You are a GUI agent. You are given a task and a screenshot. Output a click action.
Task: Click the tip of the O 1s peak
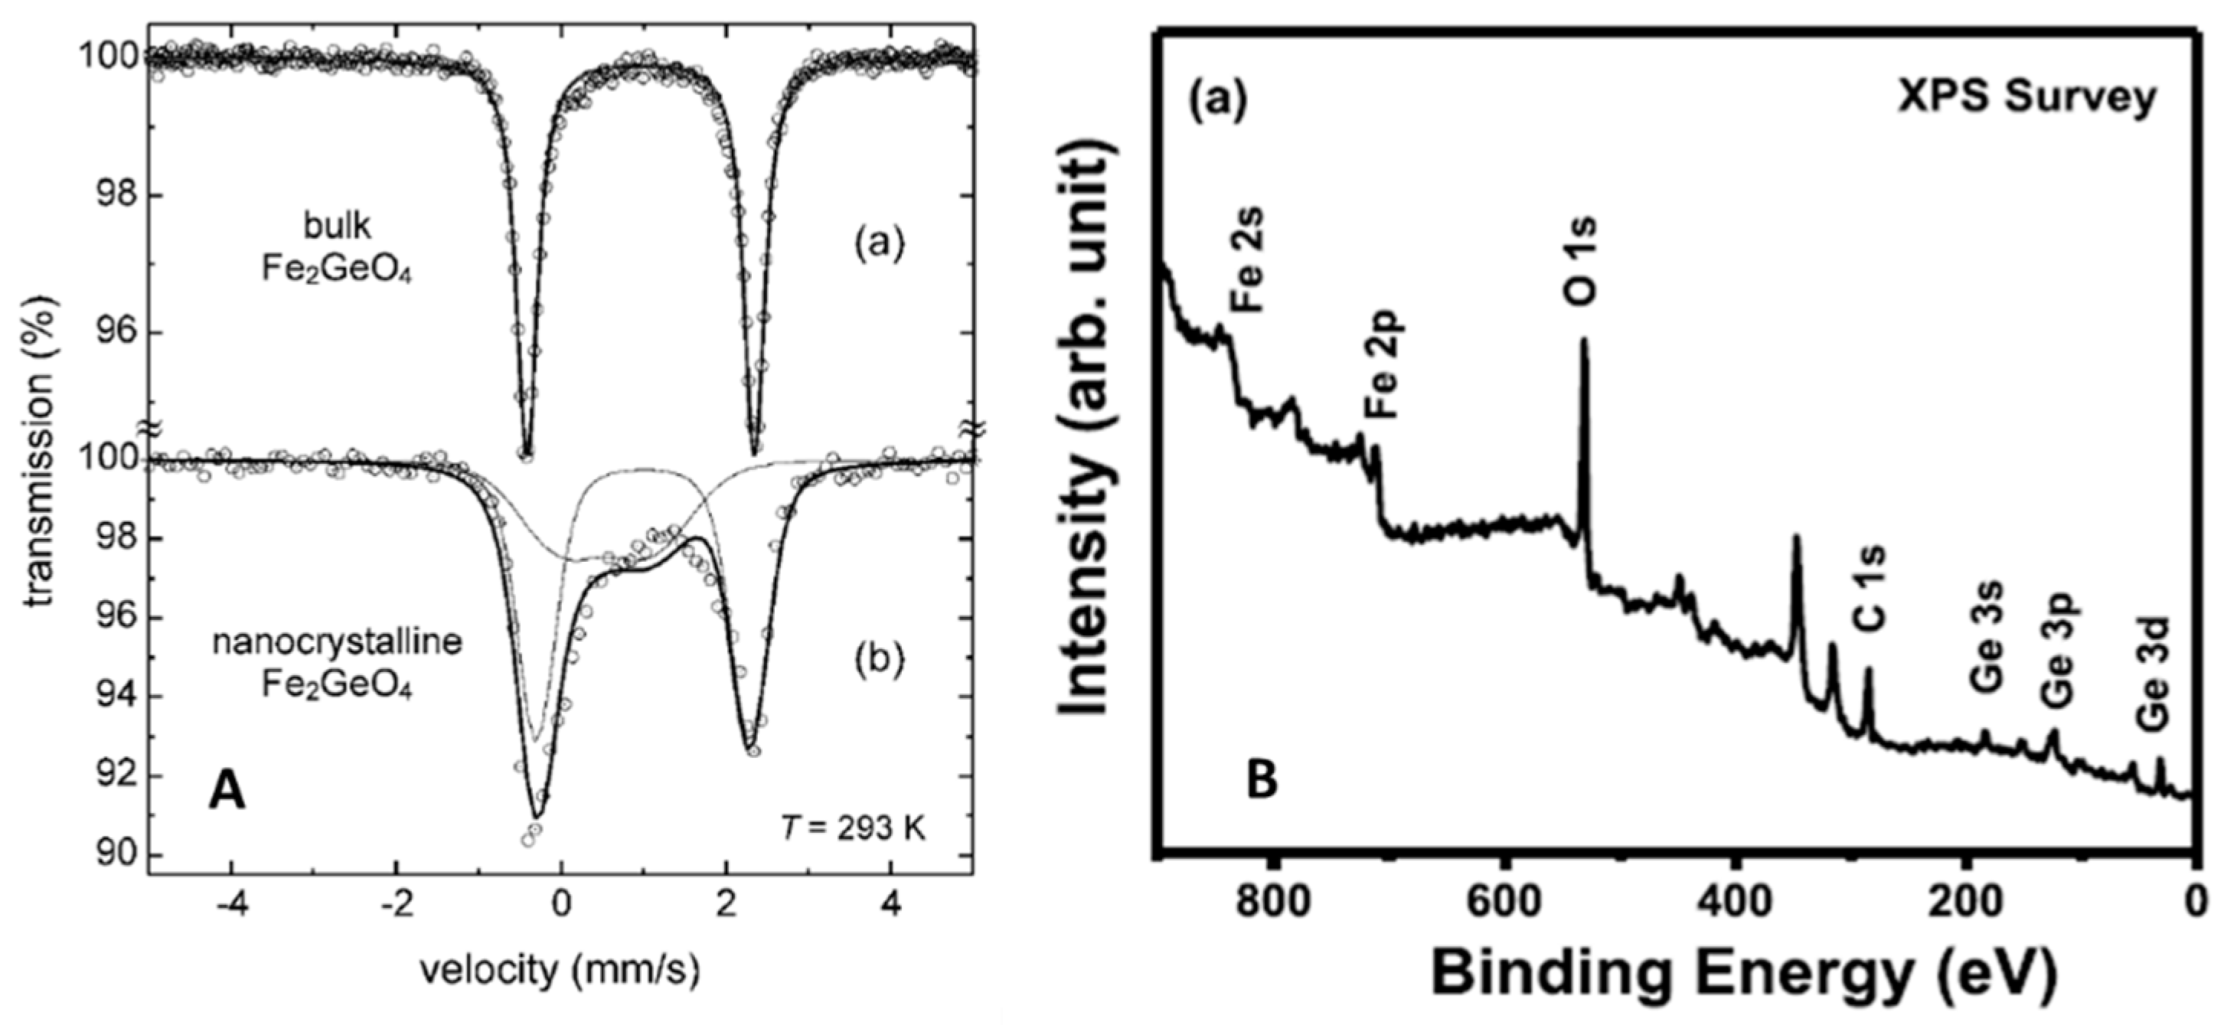tap(1584, 340)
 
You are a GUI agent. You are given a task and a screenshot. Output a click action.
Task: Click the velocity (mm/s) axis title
tap(560, 970)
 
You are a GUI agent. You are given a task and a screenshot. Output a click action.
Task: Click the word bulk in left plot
tap(336, 227)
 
